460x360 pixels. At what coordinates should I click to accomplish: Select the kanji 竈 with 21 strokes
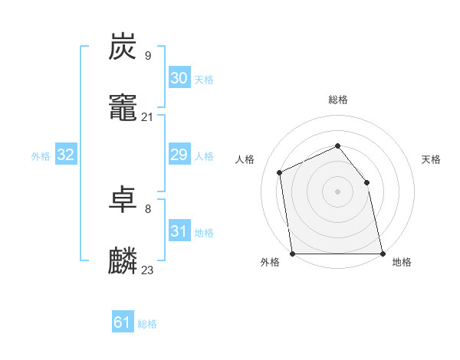pyautogui.click(x=123, y=107)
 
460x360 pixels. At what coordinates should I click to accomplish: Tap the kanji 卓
pyautogui.click(x=123, y=200)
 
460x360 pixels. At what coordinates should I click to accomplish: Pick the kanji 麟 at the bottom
pyautogui.click(x=123, y=260)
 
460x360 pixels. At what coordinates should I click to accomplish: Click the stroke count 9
pyautogui.click(x=147, y=56)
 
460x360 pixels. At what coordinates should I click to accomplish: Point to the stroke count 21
pyautogui.click(x=147, y=116)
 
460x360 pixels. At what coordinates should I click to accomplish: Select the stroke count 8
pyautogui.click(x=147, y=209)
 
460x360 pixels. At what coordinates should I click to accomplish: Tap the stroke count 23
pyautogui.click(x=147, y=270)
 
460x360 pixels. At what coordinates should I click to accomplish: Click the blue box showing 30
pyautogui.click(x=179, y=78)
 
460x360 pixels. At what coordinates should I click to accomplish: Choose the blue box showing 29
pyautogui.click(x=179, y=155)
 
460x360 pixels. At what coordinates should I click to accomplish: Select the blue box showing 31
pyautogui.click(x=179, y=231)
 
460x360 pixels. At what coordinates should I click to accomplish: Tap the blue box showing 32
pyautogui.click(x=66, y=155)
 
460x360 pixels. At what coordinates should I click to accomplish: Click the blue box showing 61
pyautogui.click(x=123, y=322)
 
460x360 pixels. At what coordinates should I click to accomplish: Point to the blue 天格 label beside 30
pyautogui.click(x=204, y=79)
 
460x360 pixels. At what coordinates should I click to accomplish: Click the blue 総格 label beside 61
pyautogui.click(x=147, y=324)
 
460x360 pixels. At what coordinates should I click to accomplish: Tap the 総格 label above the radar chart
pyautogui.click(x=338, y=100)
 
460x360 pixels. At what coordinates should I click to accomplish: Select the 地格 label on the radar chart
pyautogui.click(x=402, y=263)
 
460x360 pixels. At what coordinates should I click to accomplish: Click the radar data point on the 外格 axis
pyautogui.click(x=292, y=254)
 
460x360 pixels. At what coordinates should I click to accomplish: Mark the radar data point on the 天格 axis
pyautogui.click(x=366, y=182)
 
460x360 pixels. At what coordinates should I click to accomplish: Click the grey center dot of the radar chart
pyautogui.click(x=337, y=191)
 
